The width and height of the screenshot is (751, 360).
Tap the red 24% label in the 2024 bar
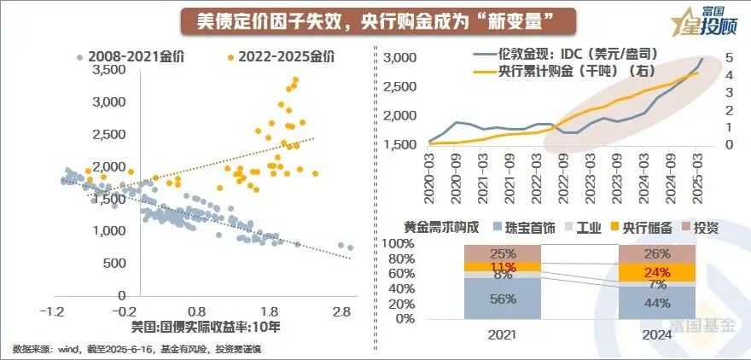tap(656, 272)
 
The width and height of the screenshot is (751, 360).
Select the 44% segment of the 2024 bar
tap(656, 301)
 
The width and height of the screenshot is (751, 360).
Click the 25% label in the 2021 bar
tap(502, 253)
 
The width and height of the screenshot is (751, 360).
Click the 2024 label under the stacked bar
tap(656, 337)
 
